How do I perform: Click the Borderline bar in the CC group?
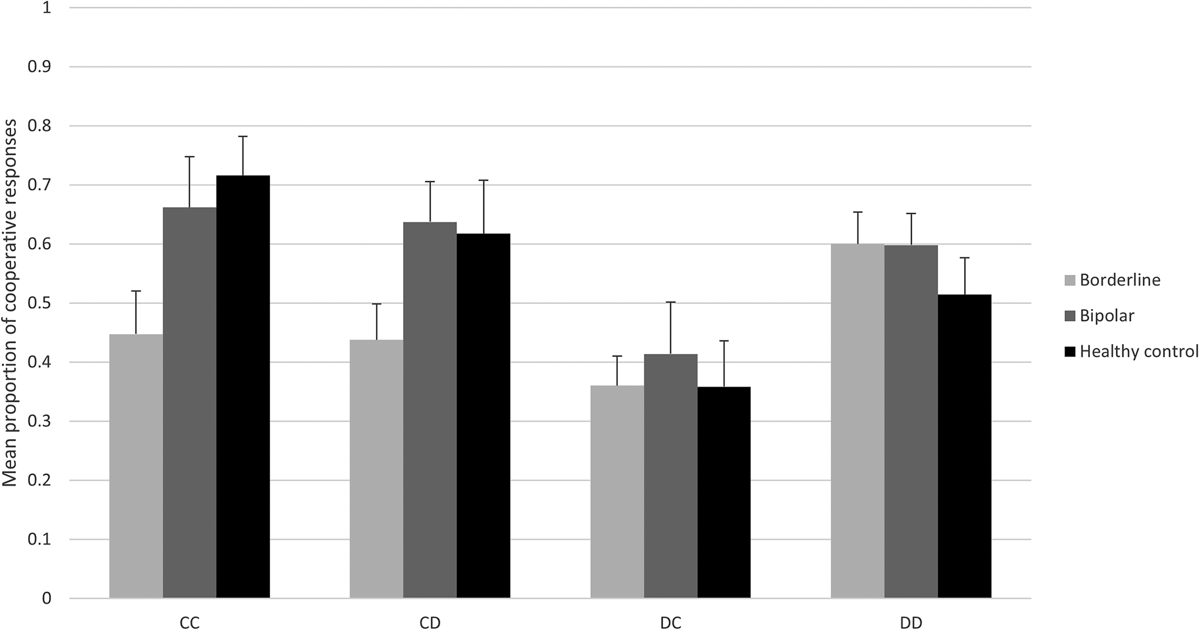pyautogui.click(x=136, y=466)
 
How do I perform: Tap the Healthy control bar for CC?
pyautogui.click(x=243, y=387)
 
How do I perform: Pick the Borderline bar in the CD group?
pyautogui.click(x=377, y=468)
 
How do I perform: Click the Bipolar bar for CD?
pyautogui.click(x=430, y=410)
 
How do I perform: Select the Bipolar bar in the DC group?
pyautogui.click(x=670, y=476)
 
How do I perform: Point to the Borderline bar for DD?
pyautogui.click(x=857, y=421)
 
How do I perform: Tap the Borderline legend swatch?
pyautogui.click(x=1070, y=280)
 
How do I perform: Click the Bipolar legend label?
pyautogui.click(x=1107, y=316)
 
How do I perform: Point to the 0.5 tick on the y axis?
pyautogui.click(x=39, y=303)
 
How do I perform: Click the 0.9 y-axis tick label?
pyautogui.click(x=39, y=67)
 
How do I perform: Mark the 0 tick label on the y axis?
pyautogui.click(x=46, y=598)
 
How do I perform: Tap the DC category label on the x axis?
pyautogui.click(x=670, y=622)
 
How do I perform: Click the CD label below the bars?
pyautogui.click(x=430, y=622)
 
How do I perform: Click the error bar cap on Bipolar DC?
pyautogui.click(x=670, y=302)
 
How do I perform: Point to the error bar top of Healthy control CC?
pyautogui.click(x=243, y=136)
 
